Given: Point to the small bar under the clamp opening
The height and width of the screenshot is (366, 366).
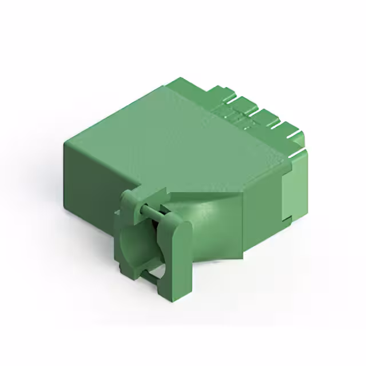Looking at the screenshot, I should (150, 276).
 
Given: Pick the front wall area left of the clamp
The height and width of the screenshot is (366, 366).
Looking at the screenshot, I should (91, 183).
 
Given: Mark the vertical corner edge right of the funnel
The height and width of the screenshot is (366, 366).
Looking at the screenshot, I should (244, 229).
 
